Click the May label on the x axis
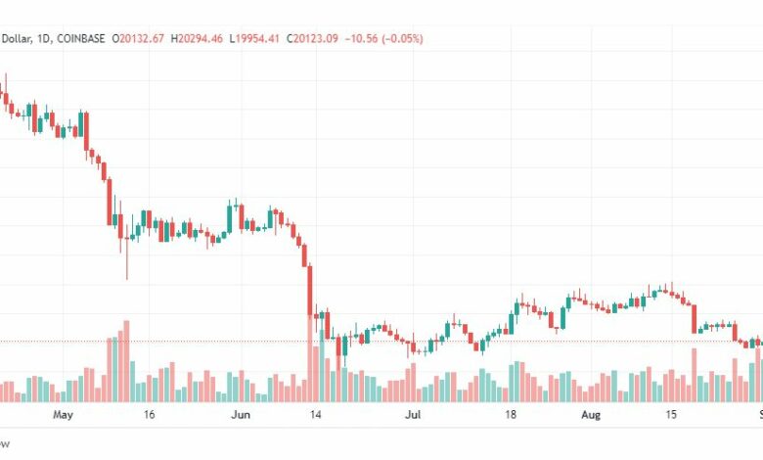tap(64, 415)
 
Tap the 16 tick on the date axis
tap(150, 415)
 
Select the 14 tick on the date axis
tap(316, 415)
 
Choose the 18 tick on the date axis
tap(511, 415)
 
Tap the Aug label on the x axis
tap(590, 415)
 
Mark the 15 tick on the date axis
tap(670, 415)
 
